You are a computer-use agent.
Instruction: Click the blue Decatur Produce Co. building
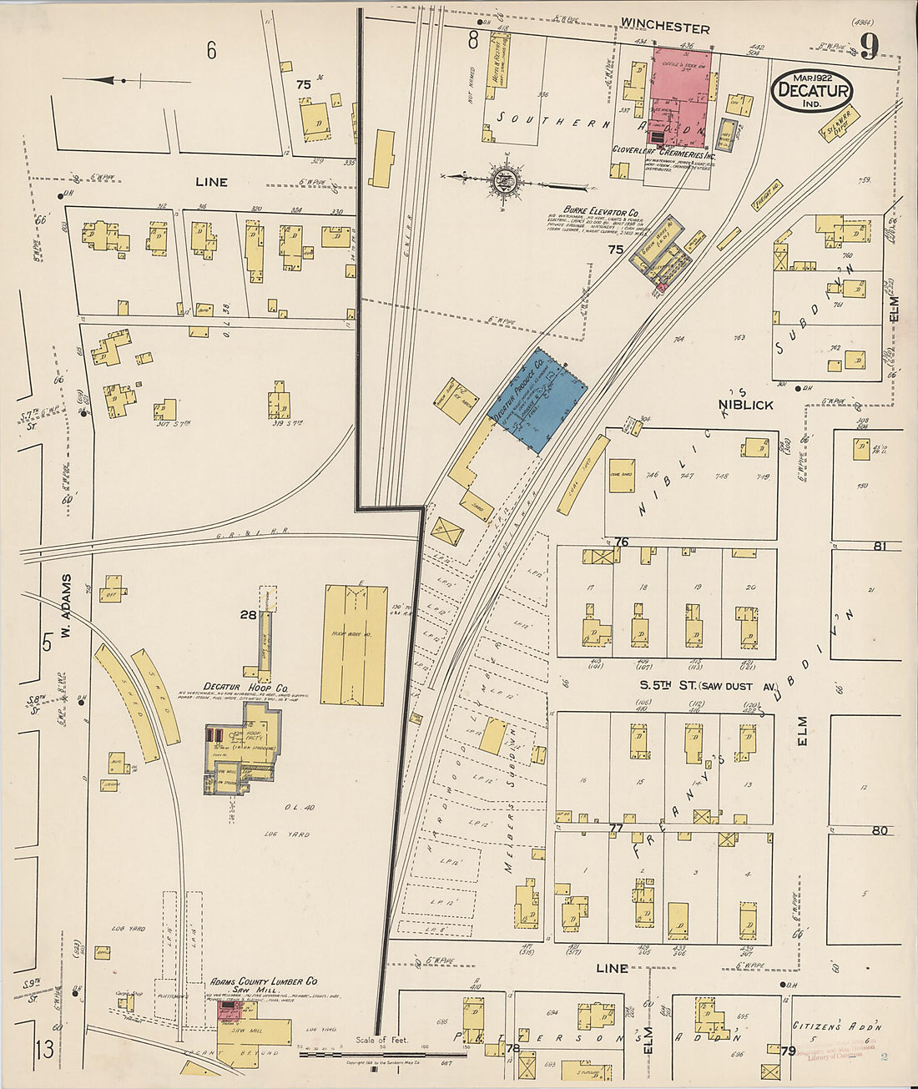click(x=537, y=399)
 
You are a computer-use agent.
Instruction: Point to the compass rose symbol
click(x=506, y=178)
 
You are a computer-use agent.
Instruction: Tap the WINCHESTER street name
click(x=665, y=28)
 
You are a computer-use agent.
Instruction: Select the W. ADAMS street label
click(x=66, y=602)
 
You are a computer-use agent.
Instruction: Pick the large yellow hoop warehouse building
click(x=354, y=643)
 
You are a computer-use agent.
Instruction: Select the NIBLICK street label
click(x=745, y=405)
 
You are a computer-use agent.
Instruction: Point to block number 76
click(x=621, y=542)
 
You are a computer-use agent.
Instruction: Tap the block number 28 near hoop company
click(x=248, y=615)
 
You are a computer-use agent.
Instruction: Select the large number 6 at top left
click(x=211, y=51)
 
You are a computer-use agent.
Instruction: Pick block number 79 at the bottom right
click(x=788, y=1051)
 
